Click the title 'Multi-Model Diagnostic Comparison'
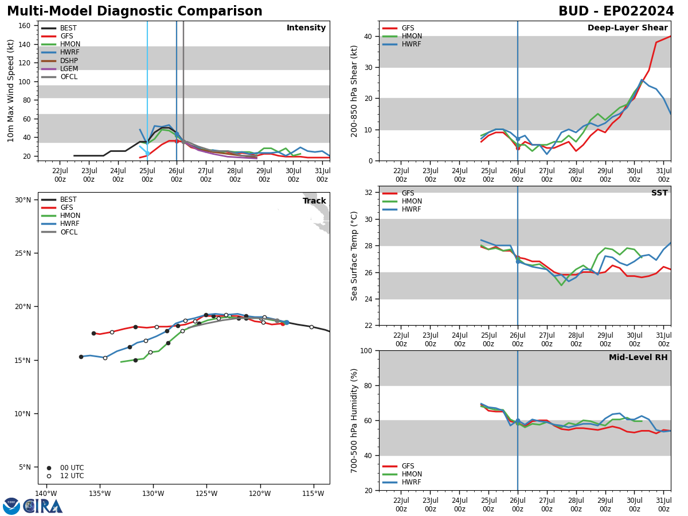[x=135, y=11]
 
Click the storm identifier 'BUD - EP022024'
[x=616, y=11]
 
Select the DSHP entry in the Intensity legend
[x=69, y=61]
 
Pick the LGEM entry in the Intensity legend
[x=69, y=69]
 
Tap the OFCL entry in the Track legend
[x=69, y=232]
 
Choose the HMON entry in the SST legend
[x=412, y=201]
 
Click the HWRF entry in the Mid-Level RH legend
[x=412, y=482]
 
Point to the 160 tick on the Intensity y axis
[x=25, y=25]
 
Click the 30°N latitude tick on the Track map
[x=23, y=200]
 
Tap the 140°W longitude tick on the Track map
[x=46, y=494]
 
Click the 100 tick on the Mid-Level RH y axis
[x=365, y=350]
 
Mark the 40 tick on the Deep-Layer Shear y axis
[x=367, y=36]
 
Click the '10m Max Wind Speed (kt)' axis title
[x=11, y=91]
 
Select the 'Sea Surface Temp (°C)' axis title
[x=355, y=256]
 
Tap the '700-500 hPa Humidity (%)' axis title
[x=355, y=420]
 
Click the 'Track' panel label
[x=314, y=201]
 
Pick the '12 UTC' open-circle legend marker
[x=49, y=476]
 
